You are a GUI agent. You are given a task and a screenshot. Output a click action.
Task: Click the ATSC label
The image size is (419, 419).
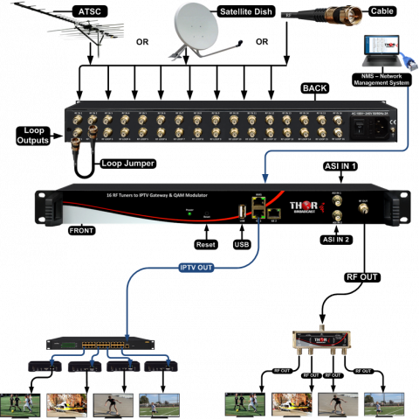[90, 9]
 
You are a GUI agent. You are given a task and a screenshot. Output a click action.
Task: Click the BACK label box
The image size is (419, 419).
[314, 87]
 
